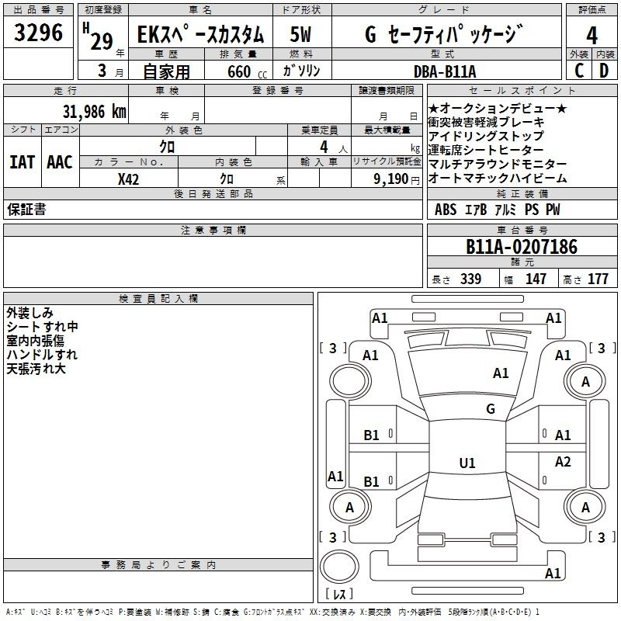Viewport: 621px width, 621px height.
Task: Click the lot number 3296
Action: [x=38, y=33]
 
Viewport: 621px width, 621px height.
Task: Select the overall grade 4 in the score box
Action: [x=592, y=36]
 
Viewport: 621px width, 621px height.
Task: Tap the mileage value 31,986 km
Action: [x=94, y=111]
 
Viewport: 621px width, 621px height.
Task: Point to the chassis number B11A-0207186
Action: [x=522, y=247]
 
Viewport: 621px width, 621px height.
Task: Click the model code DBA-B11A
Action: [x=445, y=71]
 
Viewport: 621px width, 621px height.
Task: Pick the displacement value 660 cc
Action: [x=247, y=72]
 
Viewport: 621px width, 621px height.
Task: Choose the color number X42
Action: [x=128, y=179]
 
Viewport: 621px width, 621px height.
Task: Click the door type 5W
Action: [x=300, y=34]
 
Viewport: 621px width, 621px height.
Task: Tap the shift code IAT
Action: [x=23, y=162]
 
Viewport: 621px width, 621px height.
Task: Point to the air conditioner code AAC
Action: [x=60, y=162]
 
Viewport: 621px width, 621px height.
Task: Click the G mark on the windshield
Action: [x=491, y=408]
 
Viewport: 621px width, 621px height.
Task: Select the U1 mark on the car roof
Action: [x=467, y=463]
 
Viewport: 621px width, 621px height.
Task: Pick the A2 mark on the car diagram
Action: [x=563, y=461]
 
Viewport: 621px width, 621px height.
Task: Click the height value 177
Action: [x=598, y=279]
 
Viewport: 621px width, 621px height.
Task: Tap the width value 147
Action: [x=536, y=279]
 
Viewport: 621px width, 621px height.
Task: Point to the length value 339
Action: [x=471, y=279]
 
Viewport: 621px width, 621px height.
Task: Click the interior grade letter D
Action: [x=604, y=71]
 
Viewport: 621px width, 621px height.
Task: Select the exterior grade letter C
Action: [x=579, y=71]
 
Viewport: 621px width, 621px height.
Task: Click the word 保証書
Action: [x=26, y=209]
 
